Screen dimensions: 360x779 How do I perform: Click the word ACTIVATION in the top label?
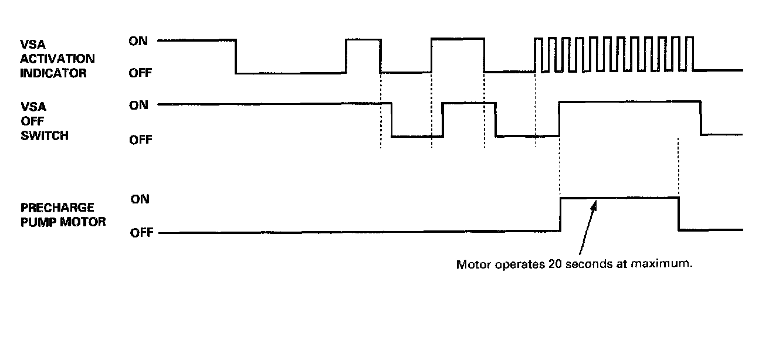point(57,59)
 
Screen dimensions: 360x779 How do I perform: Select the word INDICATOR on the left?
point(53,73)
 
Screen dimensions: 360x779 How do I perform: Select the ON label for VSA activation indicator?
point(138,41)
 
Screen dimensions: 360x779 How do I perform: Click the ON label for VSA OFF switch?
point(138,105)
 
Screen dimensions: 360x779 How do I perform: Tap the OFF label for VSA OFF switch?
point(140,140)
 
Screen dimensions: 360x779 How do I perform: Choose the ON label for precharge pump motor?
point(140,199)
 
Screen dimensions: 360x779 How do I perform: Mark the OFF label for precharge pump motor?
point(141,233)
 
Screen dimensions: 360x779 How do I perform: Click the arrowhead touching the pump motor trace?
point(596,204)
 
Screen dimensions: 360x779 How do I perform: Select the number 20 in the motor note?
point(554,264)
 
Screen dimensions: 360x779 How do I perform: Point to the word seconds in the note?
point(588,264)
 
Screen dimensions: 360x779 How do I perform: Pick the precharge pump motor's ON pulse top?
point(619,198)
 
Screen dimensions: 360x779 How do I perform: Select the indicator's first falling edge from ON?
point(236,56)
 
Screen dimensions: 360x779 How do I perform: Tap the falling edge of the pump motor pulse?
point(679,214)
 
